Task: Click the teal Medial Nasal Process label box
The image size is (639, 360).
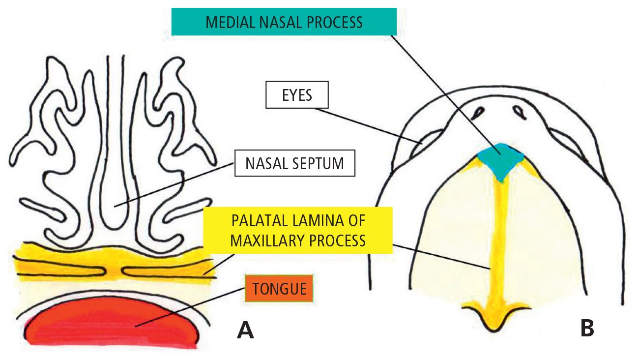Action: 284,22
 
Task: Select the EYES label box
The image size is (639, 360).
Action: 297,94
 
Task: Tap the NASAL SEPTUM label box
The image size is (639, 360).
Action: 295,163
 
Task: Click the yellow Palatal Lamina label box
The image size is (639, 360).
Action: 298,230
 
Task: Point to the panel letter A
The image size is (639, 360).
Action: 245,330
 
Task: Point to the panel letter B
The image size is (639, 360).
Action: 586,328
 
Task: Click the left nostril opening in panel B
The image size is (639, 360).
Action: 477,113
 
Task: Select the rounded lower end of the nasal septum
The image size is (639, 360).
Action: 116,216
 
